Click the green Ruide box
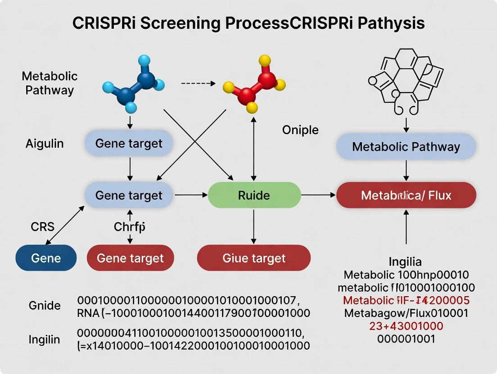pyautogui.click(x=254, y=195)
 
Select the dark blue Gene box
pyautogui.click(x=46, y=258)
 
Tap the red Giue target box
pyautogui.click(x=254, y=258)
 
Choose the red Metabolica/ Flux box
pyautogui.click(x=406, y=195)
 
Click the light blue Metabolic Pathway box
pyautogui.click(x=406, y=147)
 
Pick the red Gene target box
pyautogui.click(x=130, y=258)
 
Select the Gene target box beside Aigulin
pyautogui.click(x=129, y=143)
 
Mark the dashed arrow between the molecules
pyautogui.click(x=199, y=83)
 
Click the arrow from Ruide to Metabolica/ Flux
pyautogui.click(x=318, y=195)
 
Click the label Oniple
pyautogui.click(x=300, y=130)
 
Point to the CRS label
pyautogui.click(x=42, y=227)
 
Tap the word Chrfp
pyautogui.click(x=130, y=227)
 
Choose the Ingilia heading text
pyautogui.click(x=405, y=262)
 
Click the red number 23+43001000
pyautogui.click(x=406, y=326)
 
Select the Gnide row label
pyautogui.click(x=45, y=306)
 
